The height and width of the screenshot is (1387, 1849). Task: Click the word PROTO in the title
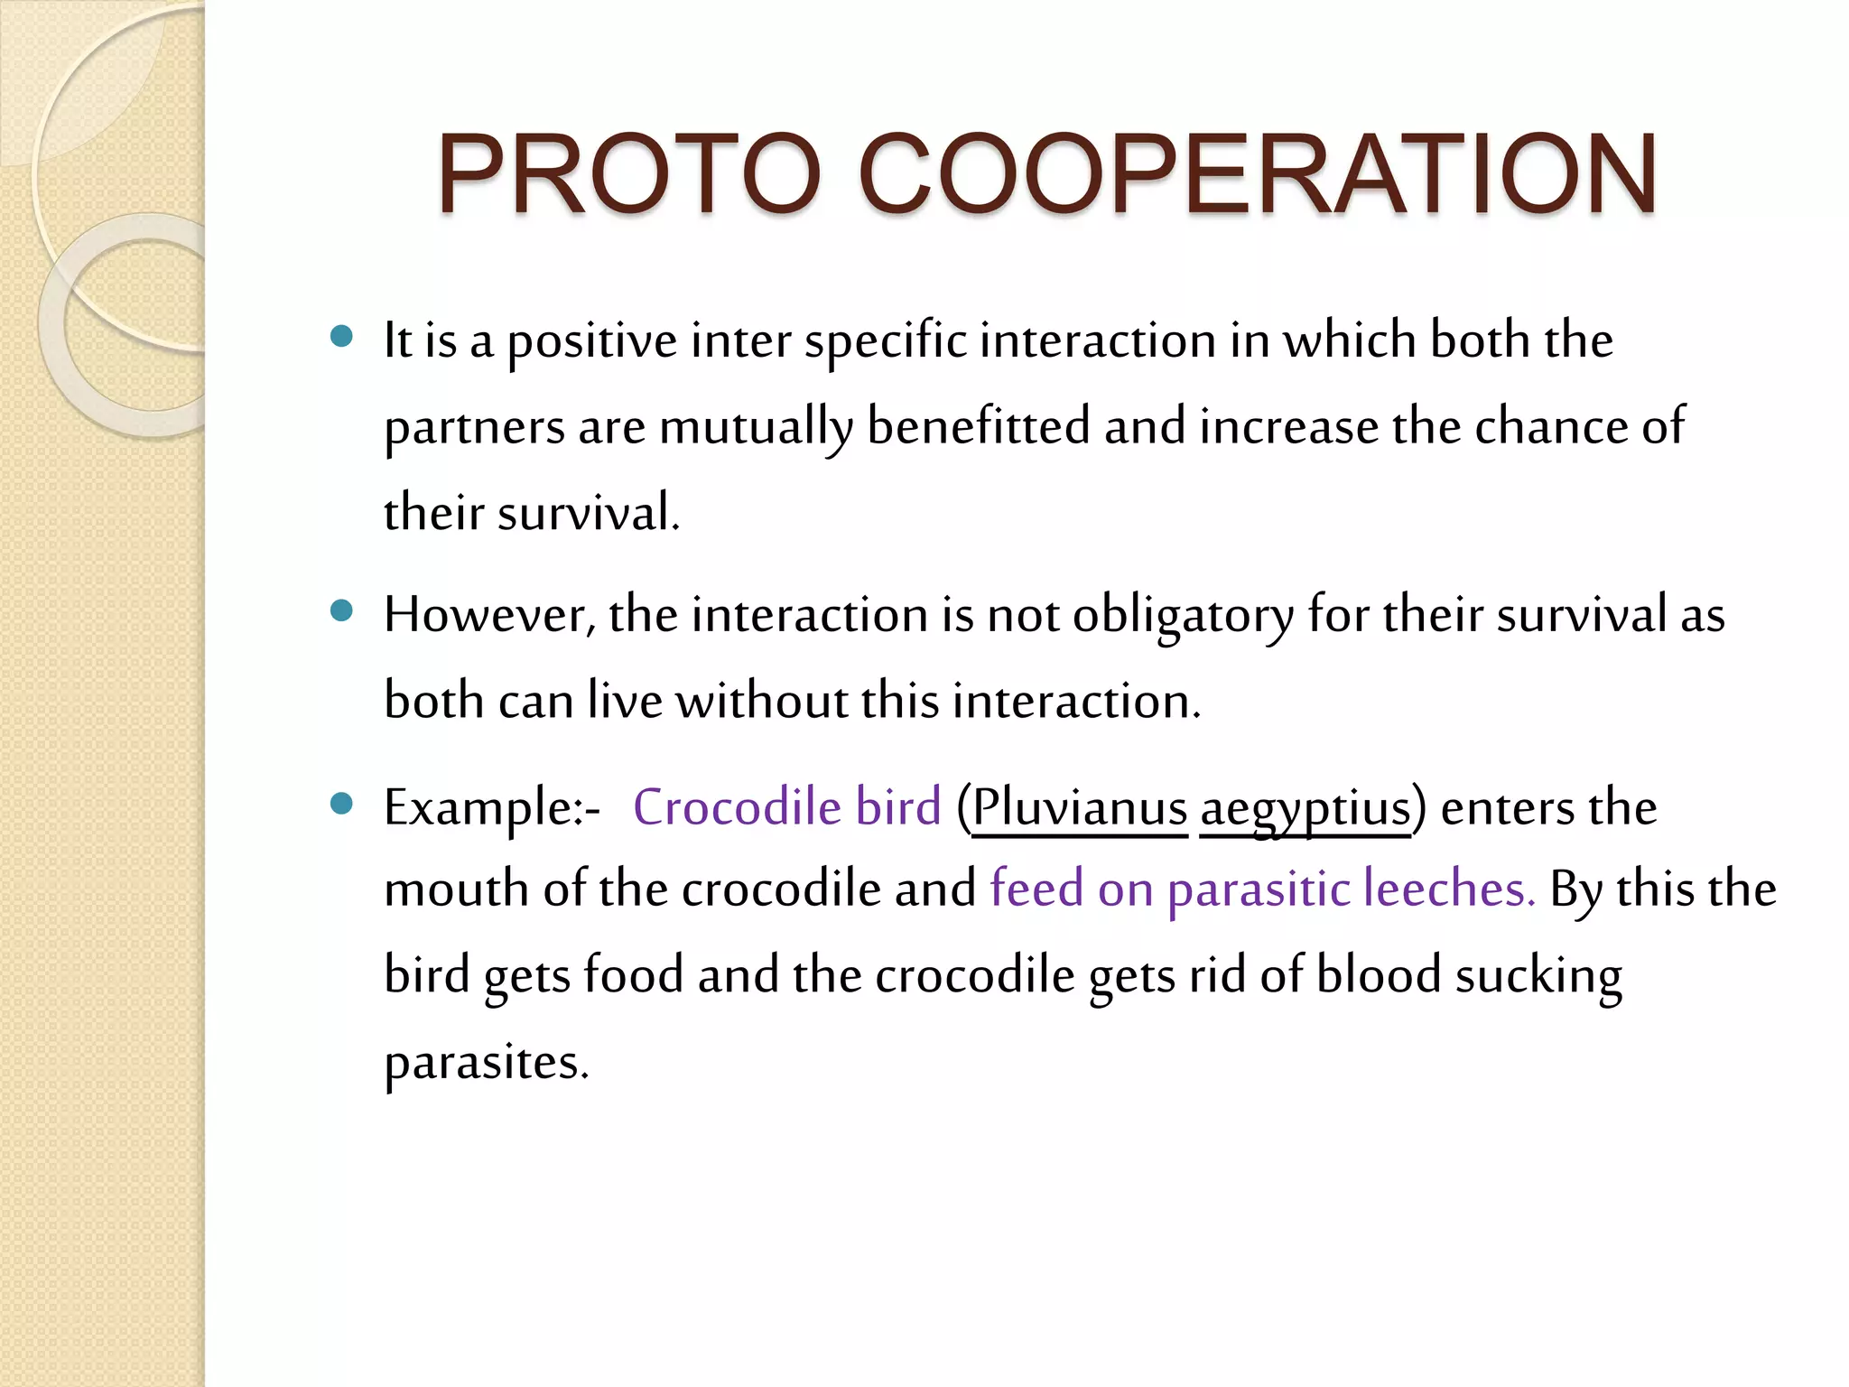click(629, 173)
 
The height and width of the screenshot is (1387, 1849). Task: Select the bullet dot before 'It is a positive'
click(341, 337)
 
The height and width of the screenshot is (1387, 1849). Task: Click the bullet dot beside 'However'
click(341, 611)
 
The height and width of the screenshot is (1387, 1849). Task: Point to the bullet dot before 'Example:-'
click(341, 804)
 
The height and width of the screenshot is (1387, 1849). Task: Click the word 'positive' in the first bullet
click(591, 341)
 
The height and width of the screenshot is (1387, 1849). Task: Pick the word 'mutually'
click(756, 427)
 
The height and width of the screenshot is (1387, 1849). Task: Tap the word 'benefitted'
click(978, 426)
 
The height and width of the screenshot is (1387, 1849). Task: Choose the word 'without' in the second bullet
click(762, 701)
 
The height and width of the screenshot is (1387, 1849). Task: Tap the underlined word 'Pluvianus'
click(1079, 806)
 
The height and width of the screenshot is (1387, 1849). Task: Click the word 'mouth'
click(456, 889)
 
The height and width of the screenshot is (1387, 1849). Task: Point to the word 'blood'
click(1378, 975)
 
